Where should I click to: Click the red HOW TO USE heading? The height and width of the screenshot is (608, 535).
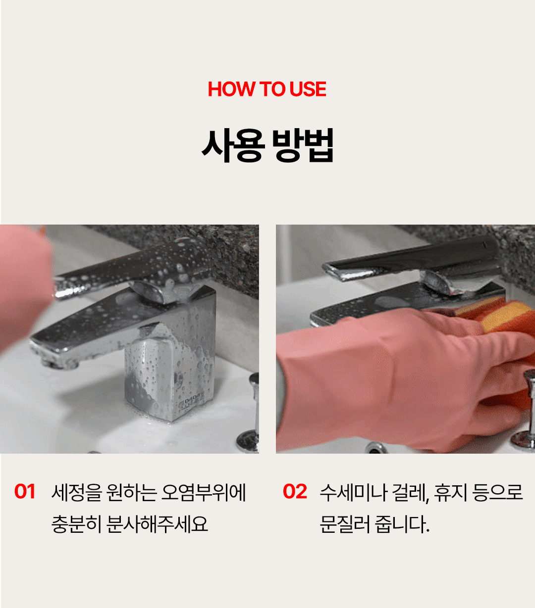point(267,89)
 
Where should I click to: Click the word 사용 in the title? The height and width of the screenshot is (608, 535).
point(233,145)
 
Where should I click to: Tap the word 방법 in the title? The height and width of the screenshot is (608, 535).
point(303,145)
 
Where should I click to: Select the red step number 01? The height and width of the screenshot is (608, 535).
point(25,492)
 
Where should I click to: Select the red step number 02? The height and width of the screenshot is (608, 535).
point(295,492)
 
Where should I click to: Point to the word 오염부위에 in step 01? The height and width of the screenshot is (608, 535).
point(204,492)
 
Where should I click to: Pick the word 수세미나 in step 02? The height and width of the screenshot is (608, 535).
point(354,492)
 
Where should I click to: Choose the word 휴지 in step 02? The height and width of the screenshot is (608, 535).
point(451,492)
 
